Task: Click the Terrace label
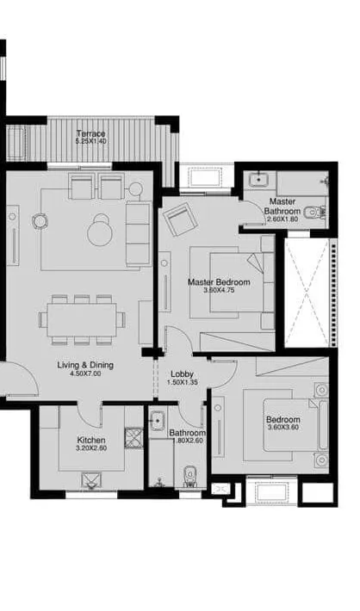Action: click(90, 133)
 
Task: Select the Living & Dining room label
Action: click(85, 365)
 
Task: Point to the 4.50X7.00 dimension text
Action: click(85, 374)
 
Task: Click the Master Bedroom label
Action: click(220, 281)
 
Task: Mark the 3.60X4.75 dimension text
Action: click(220, 290)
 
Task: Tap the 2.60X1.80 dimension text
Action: click(282, 219)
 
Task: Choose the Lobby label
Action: click(182, 373)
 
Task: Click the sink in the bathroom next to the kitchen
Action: click(158, 422)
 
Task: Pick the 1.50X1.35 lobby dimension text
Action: click(182, 383)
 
